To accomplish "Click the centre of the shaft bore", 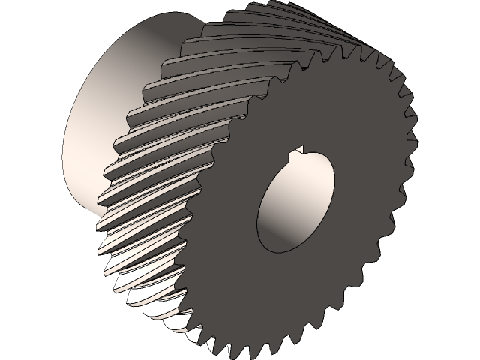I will click(294, 204).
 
